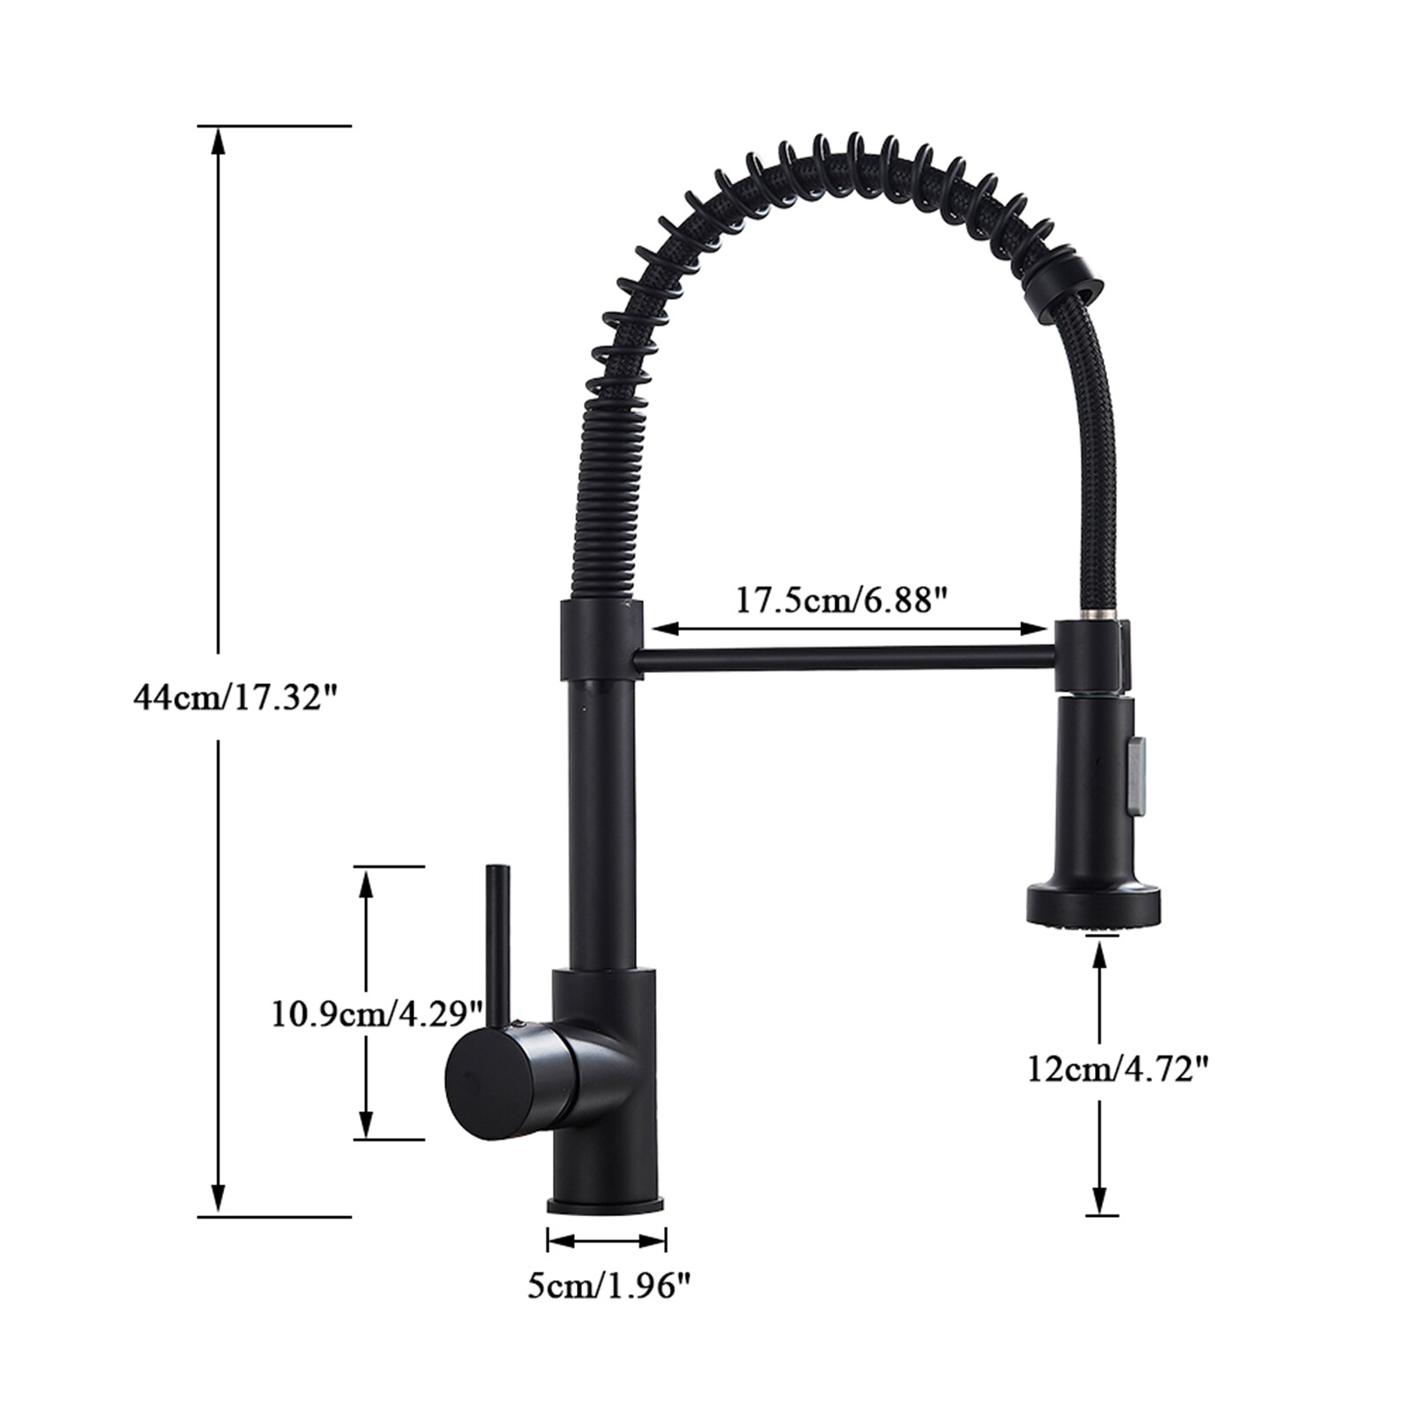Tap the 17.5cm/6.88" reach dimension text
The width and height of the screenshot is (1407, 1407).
tap(842, 601)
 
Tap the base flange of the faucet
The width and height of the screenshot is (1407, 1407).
tap(606, 1205)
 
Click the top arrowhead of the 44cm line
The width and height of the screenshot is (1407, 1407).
tap(218, 141)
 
